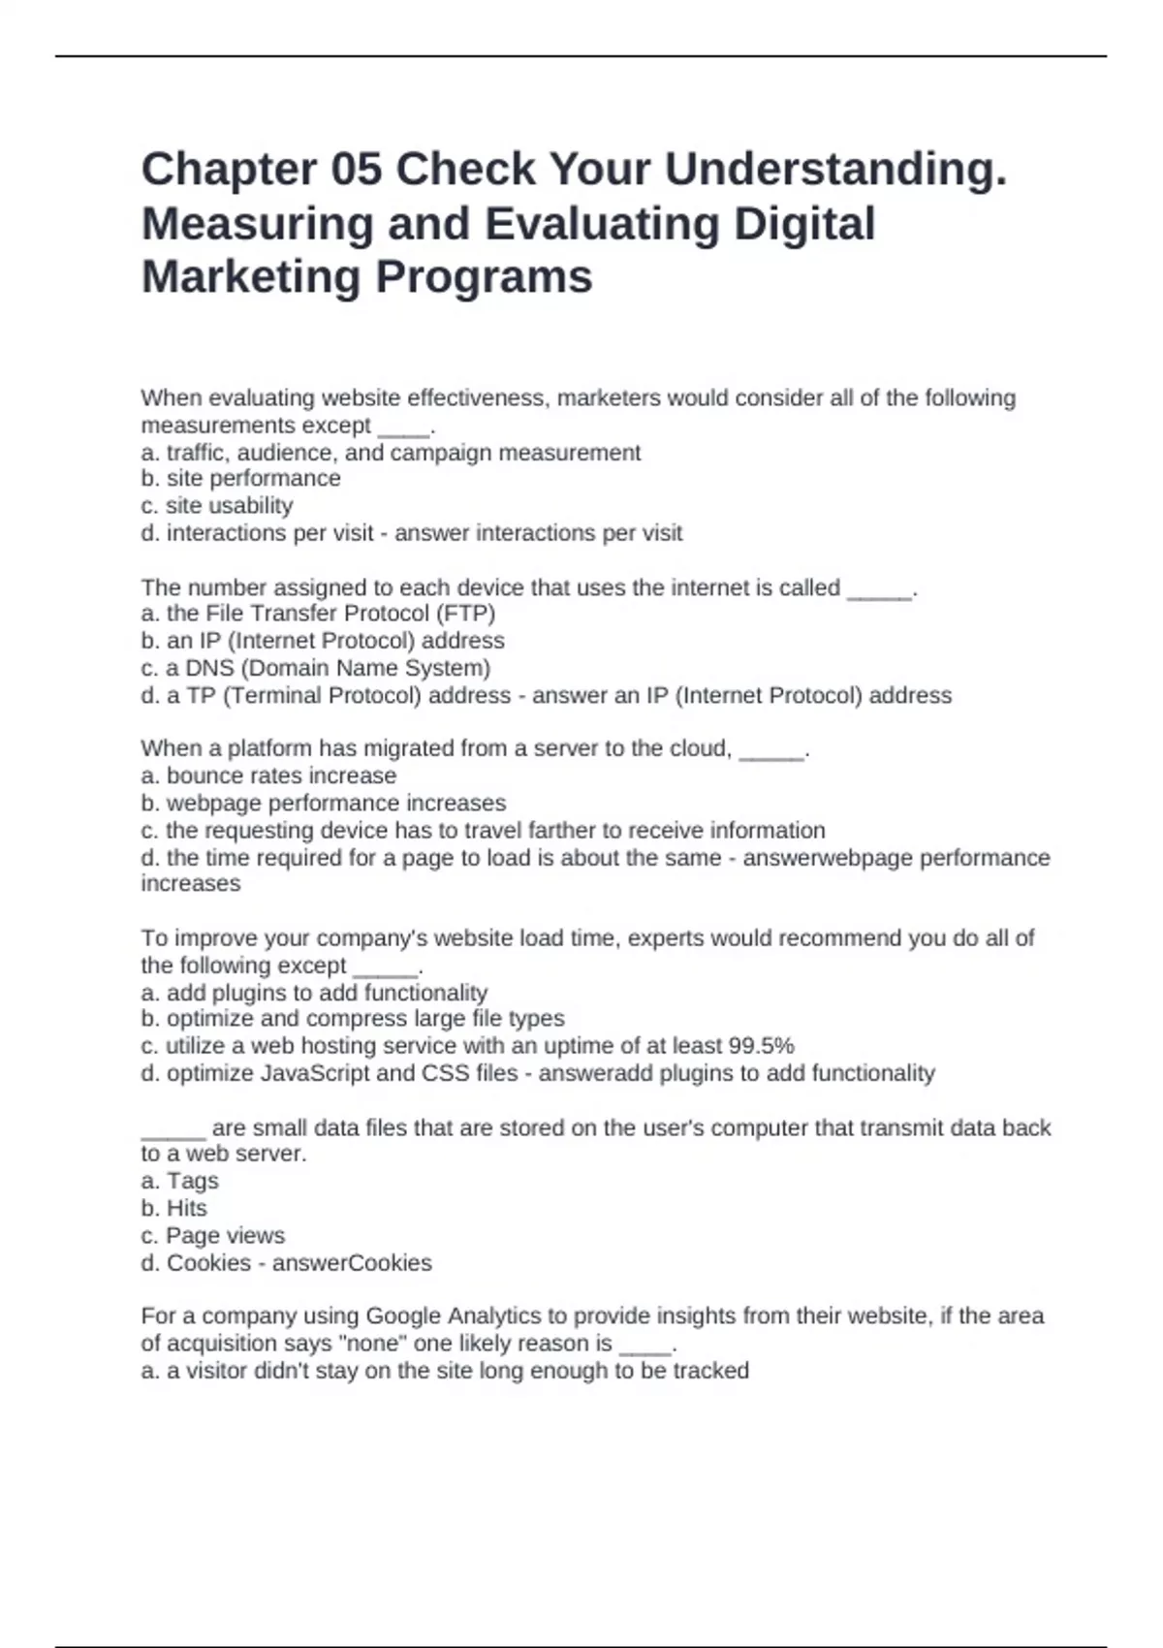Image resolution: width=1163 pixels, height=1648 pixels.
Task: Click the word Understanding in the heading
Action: [835, 170]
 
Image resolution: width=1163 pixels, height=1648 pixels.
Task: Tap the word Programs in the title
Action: [484, 277]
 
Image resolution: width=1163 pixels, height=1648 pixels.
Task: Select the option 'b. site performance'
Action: [240, 479]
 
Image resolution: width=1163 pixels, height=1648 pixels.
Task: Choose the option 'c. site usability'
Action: [216, 506]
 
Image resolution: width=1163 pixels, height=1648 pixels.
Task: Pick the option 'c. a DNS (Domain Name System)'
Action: [316, 668]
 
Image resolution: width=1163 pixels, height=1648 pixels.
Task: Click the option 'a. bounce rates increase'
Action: [268, 776]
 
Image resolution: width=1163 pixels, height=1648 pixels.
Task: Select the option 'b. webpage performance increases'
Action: [324, 803]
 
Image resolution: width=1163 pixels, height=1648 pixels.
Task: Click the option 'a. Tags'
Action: [179, 1181]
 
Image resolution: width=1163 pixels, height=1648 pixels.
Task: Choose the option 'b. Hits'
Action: [174, 1208]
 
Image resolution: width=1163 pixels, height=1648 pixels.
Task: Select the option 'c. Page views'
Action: [213, 1236]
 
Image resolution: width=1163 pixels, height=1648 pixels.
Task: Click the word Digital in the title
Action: [804, 224]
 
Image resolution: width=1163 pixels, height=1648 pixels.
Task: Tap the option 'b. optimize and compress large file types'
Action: [353, 1019]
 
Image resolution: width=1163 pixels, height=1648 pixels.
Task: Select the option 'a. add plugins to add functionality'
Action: [314, 993]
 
